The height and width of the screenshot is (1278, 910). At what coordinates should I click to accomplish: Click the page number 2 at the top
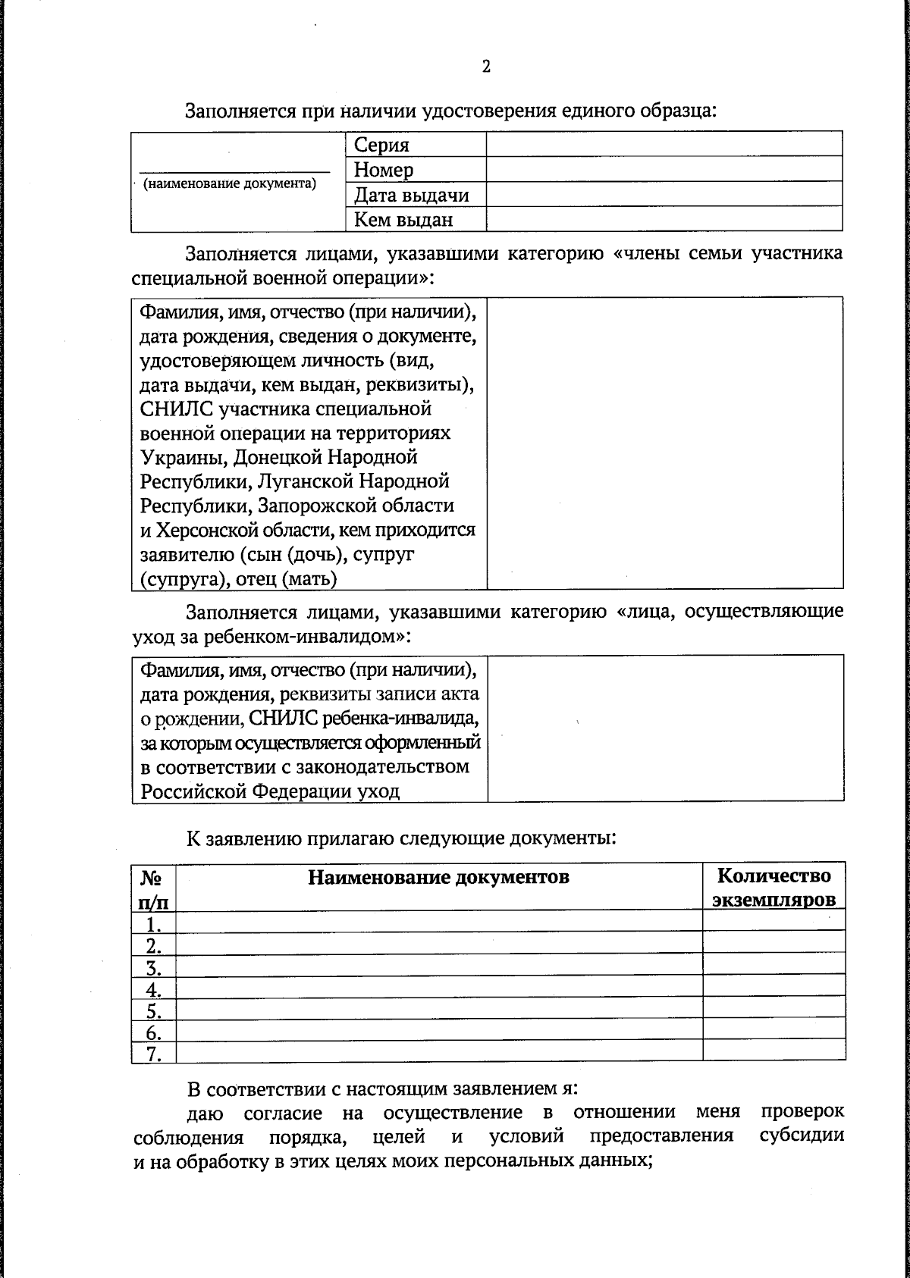[x=485, y=67]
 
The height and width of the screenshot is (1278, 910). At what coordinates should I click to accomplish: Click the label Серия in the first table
[x=381, y=145]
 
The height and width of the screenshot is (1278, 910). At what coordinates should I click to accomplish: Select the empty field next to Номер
[x=664, y=169]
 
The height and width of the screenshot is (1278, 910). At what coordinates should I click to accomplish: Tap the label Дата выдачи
[x=412, y=195]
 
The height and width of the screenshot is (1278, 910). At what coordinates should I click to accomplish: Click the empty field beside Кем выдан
[x=664, y=219]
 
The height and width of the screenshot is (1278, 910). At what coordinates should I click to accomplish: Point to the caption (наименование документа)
[x=230, y=183]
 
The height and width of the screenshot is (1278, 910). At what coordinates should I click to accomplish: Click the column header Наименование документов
[x=438, y=877]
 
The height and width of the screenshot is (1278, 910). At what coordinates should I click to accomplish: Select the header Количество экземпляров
[x=773, y=888]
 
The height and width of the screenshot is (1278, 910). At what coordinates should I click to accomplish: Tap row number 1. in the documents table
[x=154, y=923]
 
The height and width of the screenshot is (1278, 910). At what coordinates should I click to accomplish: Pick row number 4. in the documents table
[x=154, y=988]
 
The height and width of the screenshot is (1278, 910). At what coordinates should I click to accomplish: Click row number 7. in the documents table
[x=154, y=1054]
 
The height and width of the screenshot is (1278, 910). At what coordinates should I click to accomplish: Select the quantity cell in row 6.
[x=773, y=1030]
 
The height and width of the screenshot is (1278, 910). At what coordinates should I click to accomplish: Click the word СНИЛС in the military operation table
[x=178, y=409]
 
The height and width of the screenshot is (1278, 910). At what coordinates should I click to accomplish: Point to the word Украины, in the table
[x=184, y=458]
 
